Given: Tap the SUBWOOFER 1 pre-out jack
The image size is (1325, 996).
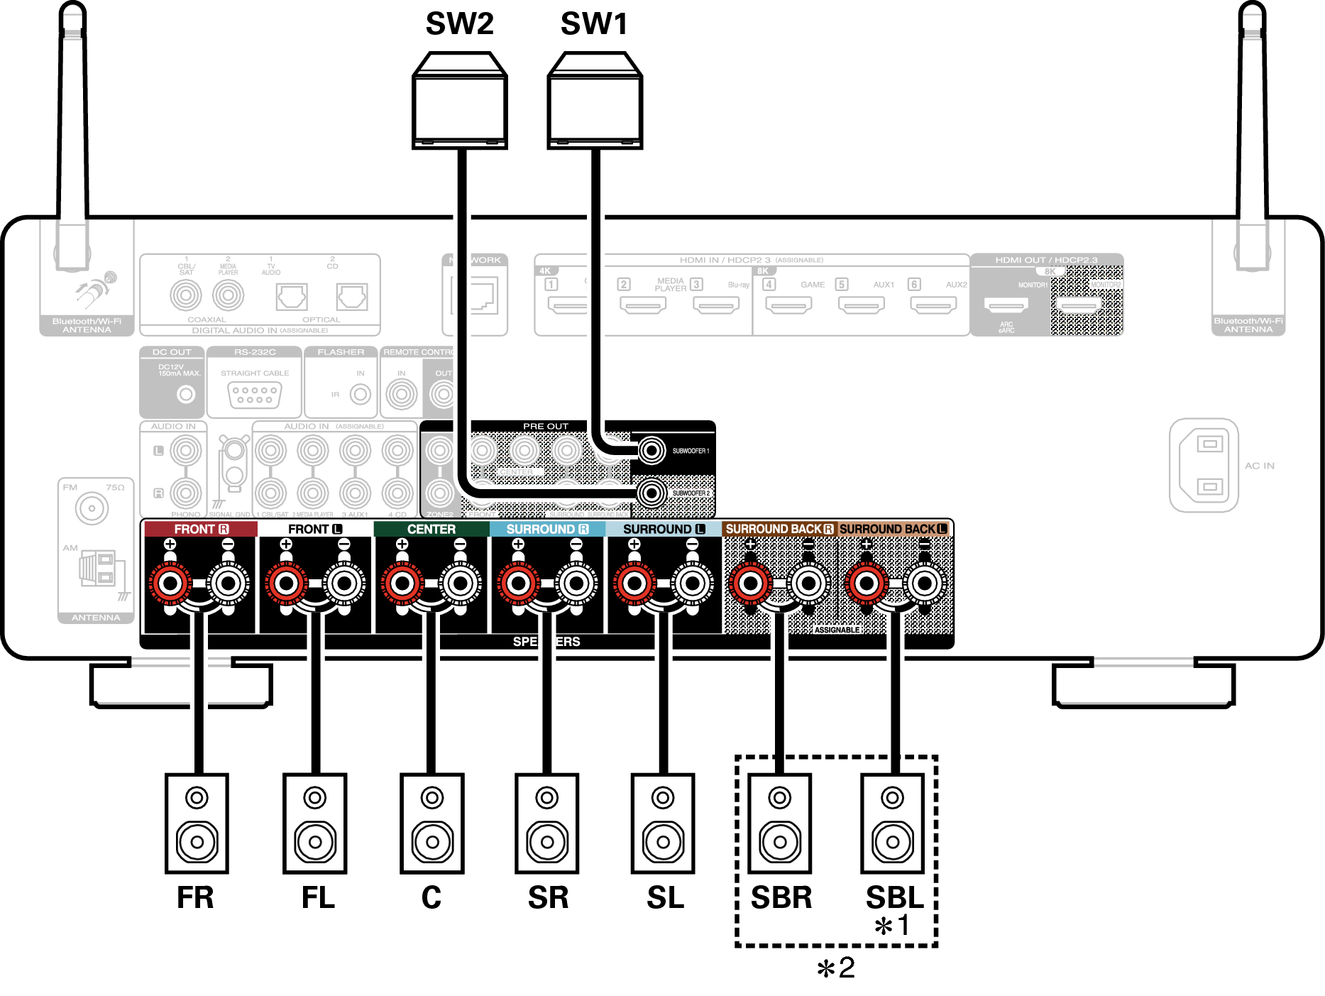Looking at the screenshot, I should click(x=651, y=450).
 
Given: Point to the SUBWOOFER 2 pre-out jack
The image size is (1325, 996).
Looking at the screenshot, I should click(x=651, y=492).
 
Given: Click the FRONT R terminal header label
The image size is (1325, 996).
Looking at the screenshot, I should click(x=201, y=529).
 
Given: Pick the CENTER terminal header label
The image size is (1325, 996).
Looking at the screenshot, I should click(x=431, y=529).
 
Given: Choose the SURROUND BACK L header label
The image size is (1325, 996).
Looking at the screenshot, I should click(x=893, y=529).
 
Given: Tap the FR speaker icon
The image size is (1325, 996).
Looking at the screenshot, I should click(x=197, y=823).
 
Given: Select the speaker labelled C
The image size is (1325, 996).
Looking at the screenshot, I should click(x=431, y=823).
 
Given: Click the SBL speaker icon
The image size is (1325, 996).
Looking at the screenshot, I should click(x=892, y=823).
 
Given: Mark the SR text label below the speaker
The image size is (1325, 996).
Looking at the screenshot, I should click(x=548, y=898).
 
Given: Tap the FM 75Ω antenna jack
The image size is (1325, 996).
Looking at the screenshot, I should click(x=92, y=508).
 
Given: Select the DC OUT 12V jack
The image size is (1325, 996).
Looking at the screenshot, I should click(x=186, y=394).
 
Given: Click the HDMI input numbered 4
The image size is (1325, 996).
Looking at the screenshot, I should click(x=788, y=305).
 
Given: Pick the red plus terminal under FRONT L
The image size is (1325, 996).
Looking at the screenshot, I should click(x=286, y=584).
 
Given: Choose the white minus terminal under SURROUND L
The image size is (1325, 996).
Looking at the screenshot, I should click(x=692, y=584).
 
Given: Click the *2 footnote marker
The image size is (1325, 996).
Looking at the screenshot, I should click(x=836, y=968).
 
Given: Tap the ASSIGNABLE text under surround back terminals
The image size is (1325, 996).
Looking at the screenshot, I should click(x=837, y=630).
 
